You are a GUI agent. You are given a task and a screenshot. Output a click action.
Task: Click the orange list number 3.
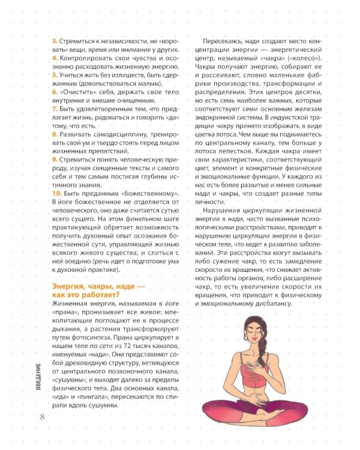[54, 39]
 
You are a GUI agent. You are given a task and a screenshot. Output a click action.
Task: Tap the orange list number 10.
[58, 195]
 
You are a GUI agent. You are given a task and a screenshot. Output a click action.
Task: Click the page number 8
[41, 417]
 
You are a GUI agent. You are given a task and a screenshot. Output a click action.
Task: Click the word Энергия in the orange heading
[70, 288]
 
